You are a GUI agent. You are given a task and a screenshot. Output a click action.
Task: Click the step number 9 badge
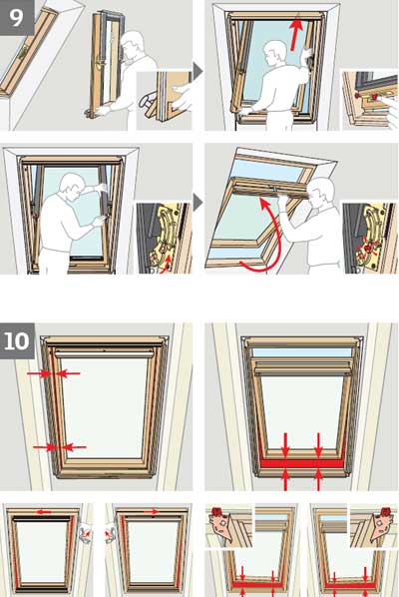pyautogui.click(x=17, y=17)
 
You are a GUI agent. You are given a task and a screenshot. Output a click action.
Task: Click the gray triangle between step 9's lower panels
pyautogui.click(x=198, y=203)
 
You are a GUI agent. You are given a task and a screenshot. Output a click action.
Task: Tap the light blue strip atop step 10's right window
pyautogui.click(x=300, y=352)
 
